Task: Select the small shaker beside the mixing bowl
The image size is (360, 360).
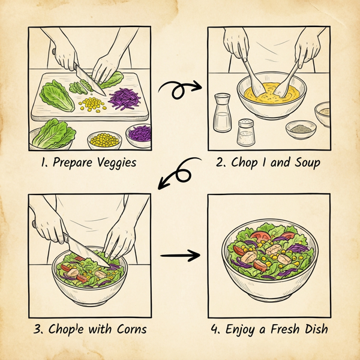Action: pyautogui.click(x=245, y=133)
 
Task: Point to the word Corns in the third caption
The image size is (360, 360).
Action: pyautogui.click(x=128, y=329)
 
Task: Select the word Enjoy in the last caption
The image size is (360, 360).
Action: pyautogui.click(x=240, y=329)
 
